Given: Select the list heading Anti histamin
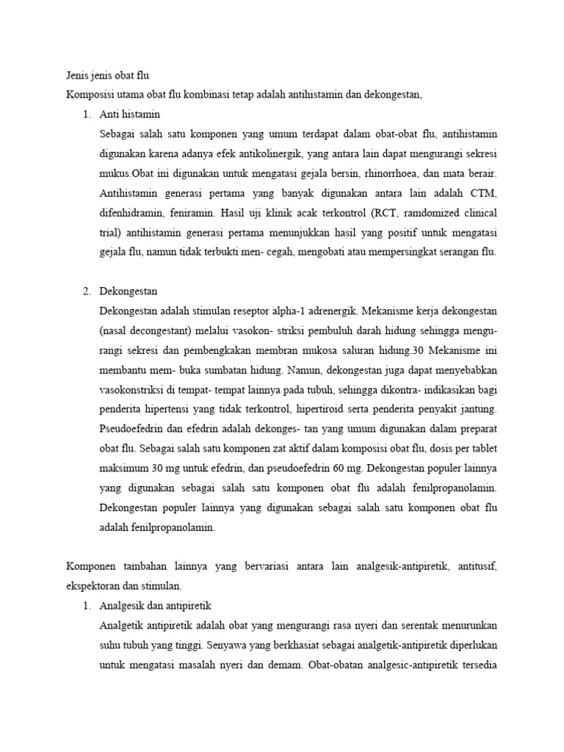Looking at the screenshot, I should coord(129,115).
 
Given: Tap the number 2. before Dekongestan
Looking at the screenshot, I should coord(87,291).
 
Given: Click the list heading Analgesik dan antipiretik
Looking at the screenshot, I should coord(155,605).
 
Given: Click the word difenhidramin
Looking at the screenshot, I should coord(133,214).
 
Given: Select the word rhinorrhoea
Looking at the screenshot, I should coord(395,174).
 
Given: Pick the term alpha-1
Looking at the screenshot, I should coord(284,311).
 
